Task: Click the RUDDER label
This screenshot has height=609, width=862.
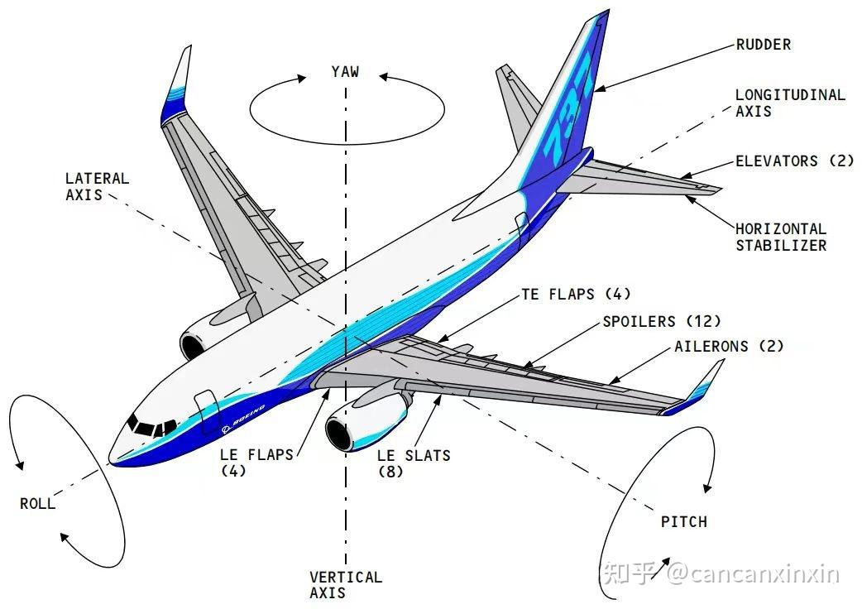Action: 763,45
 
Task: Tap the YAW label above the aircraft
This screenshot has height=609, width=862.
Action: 345,71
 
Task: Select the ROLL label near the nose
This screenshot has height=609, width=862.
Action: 37,503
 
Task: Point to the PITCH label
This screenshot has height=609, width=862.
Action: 684,521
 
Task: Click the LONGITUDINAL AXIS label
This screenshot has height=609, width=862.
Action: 790,103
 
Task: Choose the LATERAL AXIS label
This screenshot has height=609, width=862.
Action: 97,186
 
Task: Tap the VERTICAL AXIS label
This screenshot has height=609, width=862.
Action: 345,585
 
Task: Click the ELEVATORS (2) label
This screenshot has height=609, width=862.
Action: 794,161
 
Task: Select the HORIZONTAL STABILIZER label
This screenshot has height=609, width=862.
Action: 781,237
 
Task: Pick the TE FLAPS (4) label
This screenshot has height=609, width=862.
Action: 576,294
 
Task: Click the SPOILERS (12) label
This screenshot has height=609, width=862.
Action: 661,321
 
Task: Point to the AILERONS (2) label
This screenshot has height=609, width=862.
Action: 729,346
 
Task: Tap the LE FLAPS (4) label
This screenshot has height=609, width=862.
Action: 256,463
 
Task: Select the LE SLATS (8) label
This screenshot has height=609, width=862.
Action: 414,463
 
